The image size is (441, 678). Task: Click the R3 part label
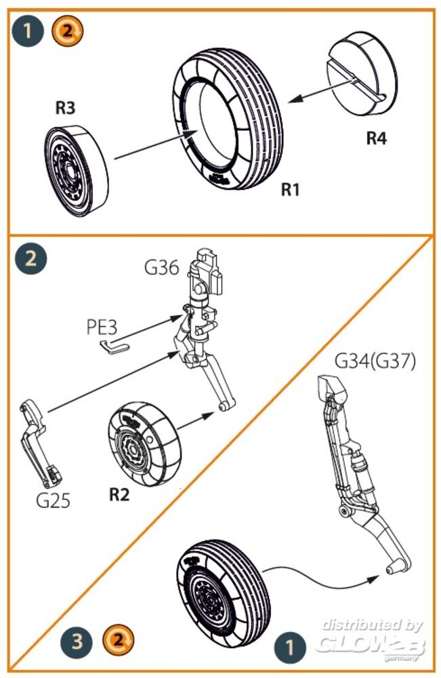(x=65, y=108)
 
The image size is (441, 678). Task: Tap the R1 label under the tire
(x=290, y=189)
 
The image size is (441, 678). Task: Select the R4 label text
(x=377, y=138)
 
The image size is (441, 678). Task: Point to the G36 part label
(x=161, y=267)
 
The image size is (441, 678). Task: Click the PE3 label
(x=102, y=327)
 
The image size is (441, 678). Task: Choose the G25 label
(x=54, y=502)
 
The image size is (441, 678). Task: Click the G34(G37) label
(x=375, y=362)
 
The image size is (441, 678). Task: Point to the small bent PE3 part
(x=110, y=346)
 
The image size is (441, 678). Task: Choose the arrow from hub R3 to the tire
(x=149, y=145)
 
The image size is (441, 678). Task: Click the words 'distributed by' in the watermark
(x=372, y=624)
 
